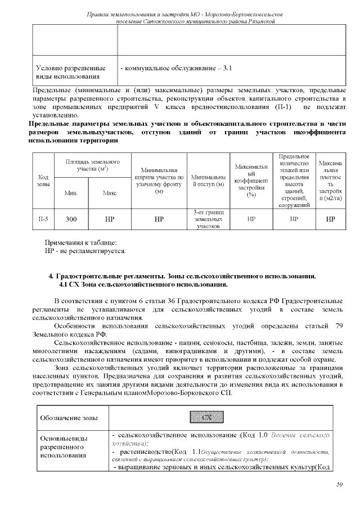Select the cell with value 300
coord(71,219)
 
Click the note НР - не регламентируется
coord(85,250)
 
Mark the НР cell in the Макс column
coord(110,219)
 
